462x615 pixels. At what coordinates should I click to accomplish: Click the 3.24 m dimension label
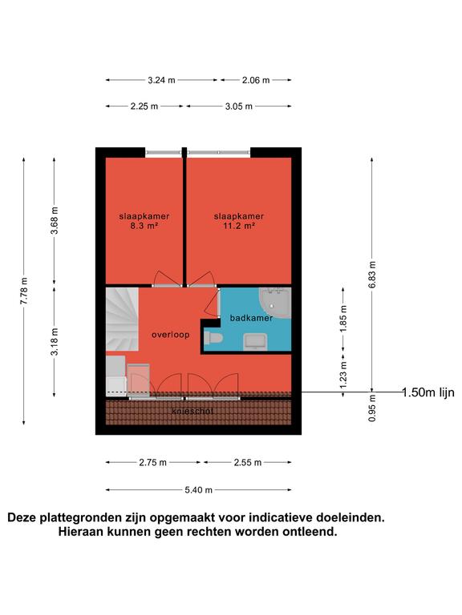[161, 80]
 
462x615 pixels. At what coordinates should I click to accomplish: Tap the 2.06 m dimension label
[256, 80]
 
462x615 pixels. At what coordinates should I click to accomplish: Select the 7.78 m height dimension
[24, 291]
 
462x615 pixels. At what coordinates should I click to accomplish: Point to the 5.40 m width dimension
[198, 490]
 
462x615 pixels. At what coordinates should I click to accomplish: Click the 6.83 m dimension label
[372, 274]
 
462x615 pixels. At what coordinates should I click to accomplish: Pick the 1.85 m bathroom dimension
[343, 318]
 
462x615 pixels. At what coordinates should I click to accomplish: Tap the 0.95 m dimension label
[372, 408]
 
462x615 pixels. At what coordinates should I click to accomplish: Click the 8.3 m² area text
[144, 226]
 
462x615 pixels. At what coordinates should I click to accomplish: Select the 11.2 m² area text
[239, 226]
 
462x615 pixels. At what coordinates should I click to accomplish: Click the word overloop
[171, 335]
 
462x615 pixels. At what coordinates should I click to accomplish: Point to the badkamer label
[251, 318]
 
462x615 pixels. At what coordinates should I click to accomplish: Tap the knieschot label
[192, 411]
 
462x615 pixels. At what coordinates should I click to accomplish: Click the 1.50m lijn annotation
[428, 392]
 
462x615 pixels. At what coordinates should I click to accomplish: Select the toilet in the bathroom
[213, 338]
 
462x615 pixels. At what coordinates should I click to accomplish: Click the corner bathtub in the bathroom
[275, 303]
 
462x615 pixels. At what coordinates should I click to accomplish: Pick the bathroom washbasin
[256, 341]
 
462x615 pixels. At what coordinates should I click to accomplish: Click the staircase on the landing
[122, 319]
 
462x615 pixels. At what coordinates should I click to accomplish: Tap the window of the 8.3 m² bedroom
[164, 153]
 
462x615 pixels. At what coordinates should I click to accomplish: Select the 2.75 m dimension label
[153, 462]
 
